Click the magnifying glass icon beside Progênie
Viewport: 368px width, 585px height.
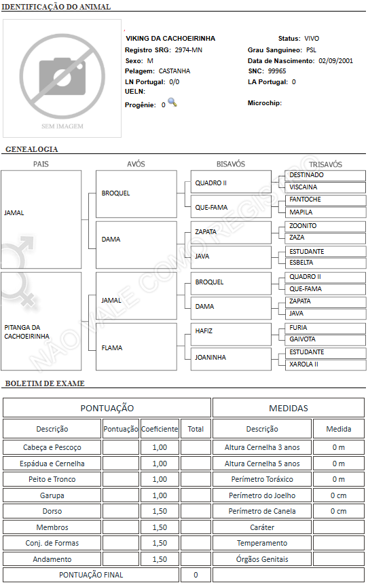point(172,102)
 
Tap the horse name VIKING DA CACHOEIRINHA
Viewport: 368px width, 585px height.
point(170,39)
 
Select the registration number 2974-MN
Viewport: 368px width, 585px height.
point(189,50)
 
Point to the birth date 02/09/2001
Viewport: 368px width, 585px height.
point(335,61)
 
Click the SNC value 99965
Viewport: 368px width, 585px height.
point(277,71)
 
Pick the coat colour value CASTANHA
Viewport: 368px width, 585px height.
point(174,71)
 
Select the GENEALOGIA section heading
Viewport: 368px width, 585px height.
point(32,149)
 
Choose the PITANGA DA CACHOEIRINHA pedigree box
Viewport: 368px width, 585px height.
point(41,321)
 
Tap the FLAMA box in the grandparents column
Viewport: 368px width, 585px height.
point(136,347)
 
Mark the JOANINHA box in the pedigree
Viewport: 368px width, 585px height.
point(231,359)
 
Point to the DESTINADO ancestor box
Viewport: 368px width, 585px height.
point(325,175)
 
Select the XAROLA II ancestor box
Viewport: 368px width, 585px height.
point(325,364)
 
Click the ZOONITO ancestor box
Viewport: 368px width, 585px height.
point(325,226)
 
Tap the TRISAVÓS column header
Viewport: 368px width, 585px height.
point(325,164)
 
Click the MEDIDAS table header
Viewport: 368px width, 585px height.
point(289,408)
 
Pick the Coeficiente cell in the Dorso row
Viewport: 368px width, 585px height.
point(160,511)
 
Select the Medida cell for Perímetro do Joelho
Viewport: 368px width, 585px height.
point(339,495)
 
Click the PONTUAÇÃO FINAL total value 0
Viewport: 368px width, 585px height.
point(196,575)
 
